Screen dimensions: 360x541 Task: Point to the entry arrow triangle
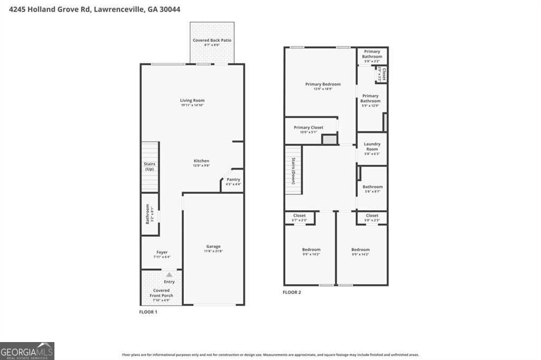[169, 274]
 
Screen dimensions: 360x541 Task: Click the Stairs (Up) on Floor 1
[150, 166]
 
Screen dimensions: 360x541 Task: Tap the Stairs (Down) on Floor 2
[293, 171]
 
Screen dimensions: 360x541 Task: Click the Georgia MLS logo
[27, 351]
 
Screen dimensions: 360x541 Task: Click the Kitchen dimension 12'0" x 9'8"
[201, 166]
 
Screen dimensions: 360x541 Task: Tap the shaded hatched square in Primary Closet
[330, 139]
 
